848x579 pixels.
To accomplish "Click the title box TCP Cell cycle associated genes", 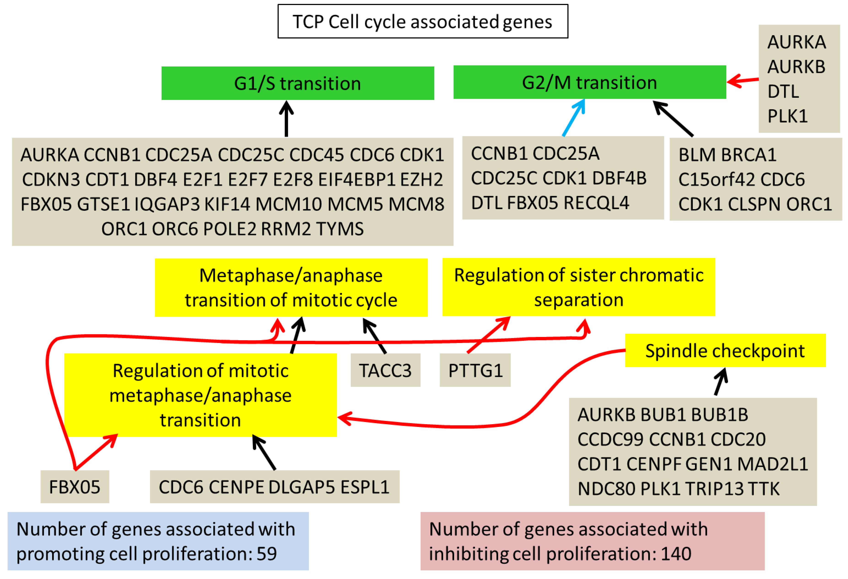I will [x=423, y=21].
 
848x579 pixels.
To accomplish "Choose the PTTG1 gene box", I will [x=475, y=370].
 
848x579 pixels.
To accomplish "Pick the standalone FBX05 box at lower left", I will [x=75, y=487].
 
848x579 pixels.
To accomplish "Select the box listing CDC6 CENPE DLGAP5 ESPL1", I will [x=274, y=487].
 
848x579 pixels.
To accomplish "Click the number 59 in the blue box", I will [x=266, y=553].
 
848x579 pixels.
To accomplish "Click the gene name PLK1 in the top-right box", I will [x=787, y=116].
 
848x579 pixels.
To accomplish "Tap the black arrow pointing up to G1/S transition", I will [x=286, y=119].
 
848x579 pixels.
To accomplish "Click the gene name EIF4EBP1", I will [x=357, y=179].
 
